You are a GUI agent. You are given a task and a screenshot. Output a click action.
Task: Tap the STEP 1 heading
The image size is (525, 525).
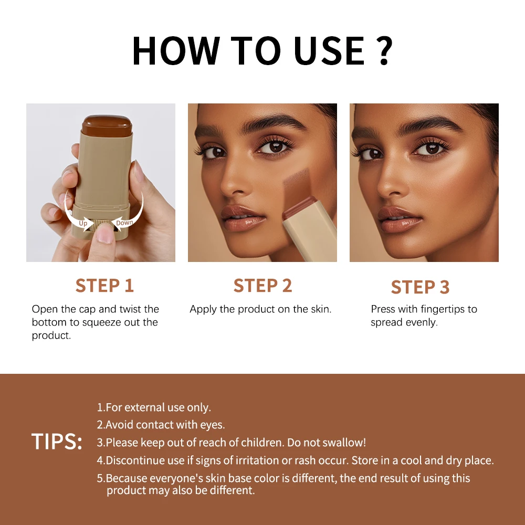104,286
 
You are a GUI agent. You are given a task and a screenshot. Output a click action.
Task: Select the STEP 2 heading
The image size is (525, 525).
262,286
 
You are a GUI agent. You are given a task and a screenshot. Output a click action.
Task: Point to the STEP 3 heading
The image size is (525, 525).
420,287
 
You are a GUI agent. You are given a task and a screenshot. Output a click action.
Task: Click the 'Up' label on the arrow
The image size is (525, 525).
83,223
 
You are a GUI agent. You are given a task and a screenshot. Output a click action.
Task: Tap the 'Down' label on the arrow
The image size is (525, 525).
124,223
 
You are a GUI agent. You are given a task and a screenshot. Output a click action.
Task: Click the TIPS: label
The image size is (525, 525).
57,442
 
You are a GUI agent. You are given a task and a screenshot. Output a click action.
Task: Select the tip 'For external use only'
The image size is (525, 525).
154,407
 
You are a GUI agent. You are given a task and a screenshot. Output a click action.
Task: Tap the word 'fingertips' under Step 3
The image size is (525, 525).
432,309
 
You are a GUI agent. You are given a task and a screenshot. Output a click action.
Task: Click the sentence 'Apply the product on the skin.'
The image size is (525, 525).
260,309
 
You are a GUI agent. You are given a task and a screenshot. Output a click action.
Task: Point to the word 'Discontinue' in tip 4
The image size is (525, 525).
134,460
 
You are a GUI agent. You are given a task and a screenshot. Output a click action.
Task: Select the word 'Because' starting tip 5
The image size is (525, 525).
127,478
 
